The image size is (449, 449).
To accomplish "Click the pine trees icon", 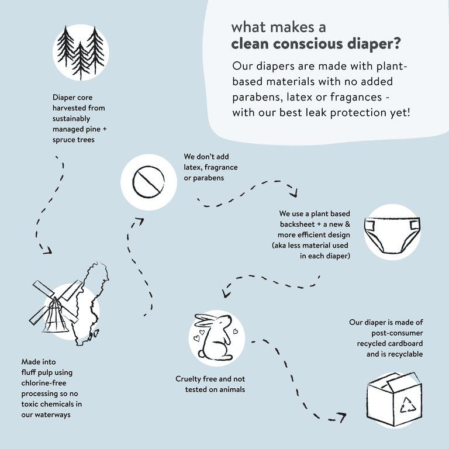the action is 81,53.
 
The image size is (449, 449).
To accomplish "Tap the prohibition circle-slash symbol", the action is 148,182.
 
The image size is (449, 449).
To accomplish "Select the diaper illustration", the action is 392,235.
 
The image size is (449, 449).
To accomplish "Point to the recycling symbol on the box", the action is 407,405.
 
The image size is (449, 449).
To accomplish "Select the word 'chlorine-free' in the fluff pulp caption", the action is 44,383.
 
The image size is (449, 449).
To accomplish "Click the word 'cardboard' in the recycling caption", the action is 405,343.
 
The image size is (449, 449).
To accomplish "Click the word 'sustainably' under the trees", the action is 71,119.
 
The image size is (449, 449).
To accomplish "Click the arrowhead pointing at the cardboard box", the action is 341,417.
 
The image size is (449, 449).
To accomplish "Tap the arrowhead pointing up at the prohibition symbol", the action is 140,222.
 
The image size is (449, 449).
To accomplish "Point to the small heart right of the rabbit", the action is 236,331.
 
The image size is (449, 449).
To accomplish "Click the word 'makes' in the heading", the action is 292,27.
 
